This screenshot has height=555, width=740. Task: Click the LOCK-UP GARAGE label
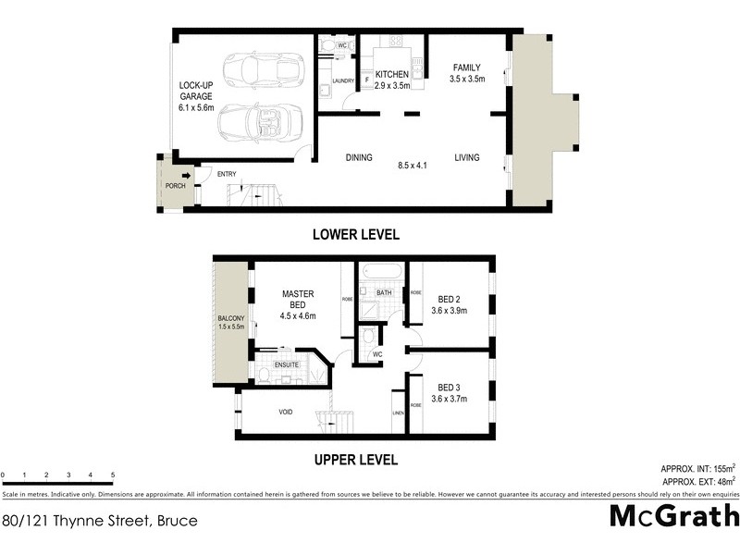tap(196, 96)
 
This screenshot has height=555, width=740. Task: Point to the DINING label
tap(359, 158)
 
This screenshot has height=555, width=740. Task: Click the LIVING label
tap(467, 158)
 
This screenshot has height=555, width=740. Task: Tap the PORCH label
tap(175, 186)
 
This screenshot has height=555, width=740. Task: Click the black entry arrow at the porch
tap(186, 175)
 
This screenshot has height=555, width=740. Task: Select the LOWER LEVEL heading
tap(355, 235)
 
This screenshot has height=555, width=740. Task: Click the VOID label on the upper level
tap(286, 413)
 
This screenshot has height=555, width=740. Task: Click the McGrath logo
tap(673, 516)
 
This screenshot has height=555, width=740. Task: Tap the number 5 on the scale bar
tap(113, 475)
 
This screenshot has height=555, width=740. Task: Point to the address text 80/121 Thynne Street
tap(100, 521)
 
